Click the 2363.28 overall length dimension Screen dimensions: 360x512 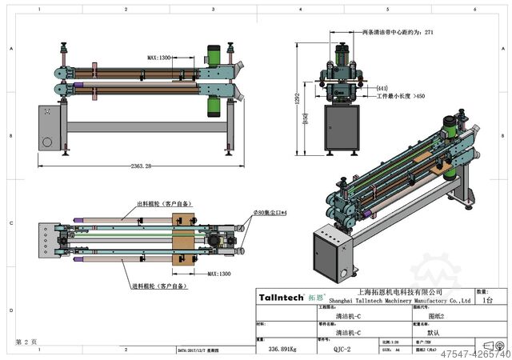(x=132, y=166)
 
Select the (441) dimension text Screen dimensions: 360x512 (x=382, y=88)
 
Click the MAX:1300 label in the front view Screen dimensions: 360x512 (x=159, y=58)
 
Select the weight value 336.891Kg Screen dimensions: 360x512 (x=282, y=349)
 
